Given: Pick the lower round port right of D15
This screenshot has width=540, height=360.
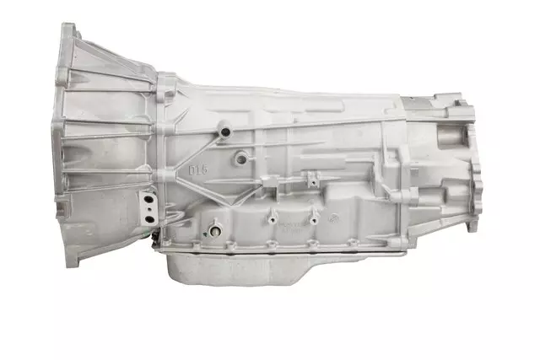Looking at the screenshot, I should point(242,157).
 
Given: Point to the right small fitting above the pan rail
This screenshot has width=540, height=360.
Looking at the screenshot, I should point(312,219).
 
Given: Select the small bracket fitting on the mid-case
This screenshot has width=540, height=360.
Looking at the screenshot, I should point(310,179).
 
